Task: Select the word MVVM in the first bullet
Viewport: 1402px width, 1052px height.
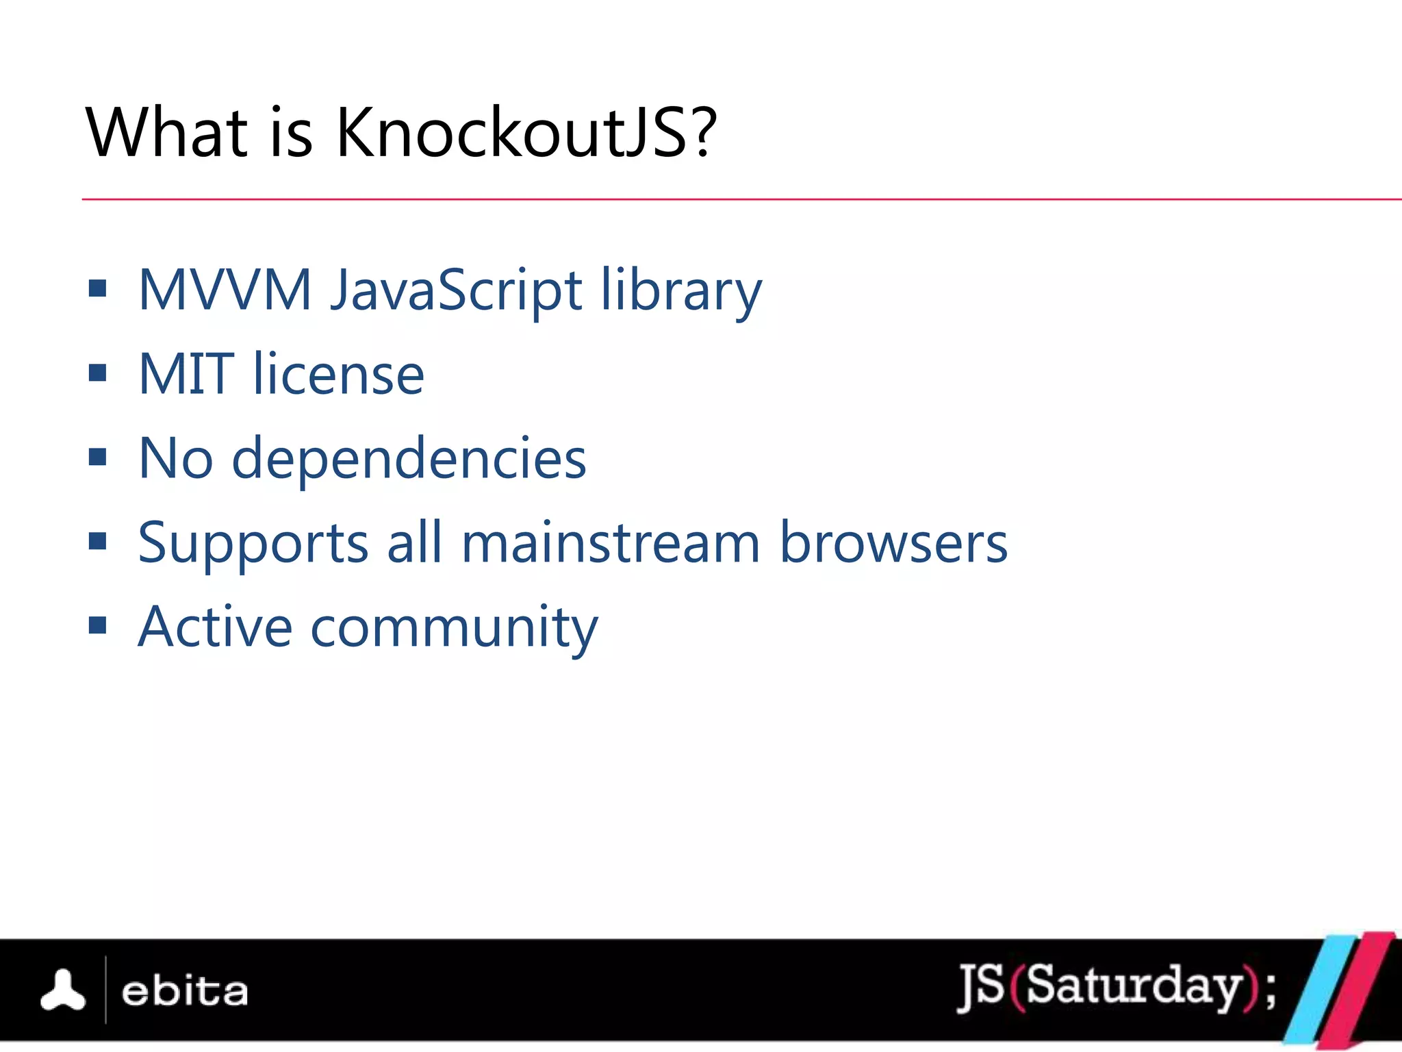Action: tap(225, 290)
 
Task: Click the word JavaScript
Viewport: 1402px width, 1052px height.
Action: tap(457, 290)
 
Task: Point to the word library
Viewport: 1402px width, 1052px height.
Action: tap(681, 290)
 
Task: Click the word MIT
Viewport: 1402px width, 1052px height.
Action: tap(186, 374)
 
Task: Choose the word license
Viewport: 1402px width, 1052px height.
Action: tap(339, 374)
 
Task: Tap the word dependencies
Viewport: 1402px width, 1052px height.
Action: tap(409, 458)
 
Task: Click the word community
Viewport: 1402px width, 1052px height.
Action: tap(455, 627)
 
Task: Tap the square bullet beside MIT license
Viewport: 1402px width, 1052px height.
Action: tap(98, 373)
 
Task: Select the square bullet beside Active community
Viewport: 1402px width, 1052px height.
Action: tap(98, 625)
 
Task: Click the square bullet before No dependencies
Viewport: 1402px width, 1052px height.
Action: tap(98, 457)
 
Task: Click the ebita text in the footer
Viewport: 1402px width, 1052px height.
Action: tap(185, 992)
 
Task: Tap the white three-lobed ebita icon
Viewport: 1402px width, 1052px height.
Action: tap(63, 991)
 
